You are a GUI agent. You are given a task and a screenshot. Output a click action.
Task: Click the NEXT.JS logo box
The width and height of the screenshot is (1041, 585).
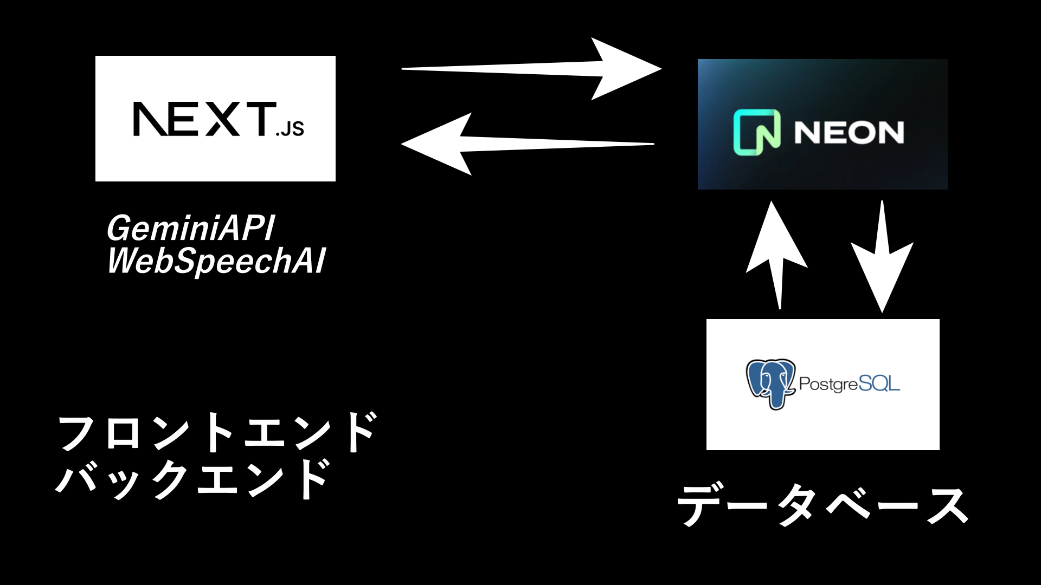[x=215, y=118]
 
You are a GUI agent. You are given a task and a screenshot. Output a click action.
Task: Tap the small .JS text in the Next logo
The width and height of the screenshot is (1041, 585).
[x=291, y=129]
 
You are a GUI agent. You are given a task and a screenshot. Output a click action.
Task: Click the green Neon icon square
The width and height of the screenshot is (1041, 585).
[x=757, y=132]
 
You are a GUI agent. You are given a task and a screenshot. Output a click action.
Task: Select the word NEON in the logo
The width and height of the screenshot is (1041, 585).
[x=849, y=133]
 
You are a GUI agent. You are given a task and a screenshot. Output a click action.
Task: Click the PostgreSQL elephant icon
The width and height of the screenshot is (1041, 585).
[x=770, y=383]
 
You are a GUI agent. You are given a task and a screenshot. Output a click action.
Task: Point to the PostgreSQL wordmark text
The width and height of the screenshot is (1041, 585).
[x=849, y=384]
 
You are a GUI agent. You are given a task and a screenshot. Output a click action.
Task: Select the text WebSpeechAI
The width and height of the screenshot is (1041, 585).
[x=216, y=261]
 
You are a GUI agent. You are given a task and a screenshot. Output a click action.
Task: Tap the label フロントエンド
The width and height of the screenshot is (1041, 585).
[x=217, y=432]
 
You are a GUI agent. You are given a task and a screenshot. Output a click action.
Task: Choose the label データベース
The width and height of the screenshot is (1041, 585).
[x=822, y=505]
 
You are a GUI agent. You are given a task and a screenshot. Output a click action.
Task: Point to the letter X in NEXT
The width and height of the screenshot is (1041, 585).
[x=223, y=119]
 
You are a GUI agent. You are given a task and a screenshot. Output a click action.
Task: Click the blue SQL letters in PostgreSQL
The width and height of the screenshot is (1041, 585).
[x=879, y=384]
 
